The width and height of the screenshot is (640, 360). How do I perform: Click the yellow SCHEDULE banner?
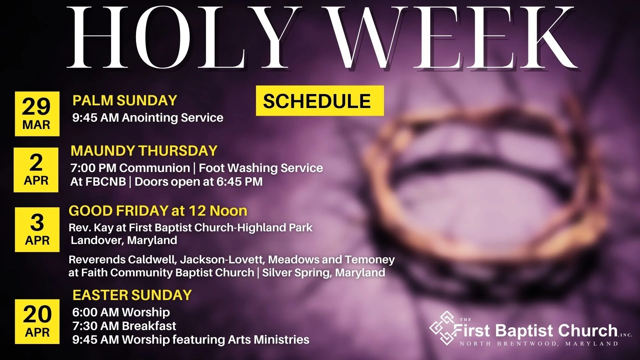320,101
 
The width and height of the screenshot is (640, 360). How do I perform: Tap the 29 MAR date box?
37,114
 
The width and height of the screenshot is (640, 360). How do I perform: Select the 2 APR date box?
36,170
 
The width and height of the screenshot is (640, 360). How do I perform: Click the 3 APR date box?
37,229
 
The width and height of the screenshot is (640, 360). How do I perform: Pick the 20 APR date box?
37,321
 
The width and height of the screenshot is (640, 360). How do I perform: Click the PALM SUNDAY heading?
125,101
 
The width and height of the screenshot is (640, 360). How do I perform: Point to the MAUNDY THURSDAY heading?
144,151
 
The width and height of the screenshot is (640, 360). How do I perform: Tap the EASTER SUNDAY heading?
132,295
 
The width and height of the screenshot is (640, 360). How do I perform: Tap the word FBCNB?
106,182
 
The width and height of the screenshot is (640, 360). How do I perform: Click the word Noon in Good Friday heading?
228,211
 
